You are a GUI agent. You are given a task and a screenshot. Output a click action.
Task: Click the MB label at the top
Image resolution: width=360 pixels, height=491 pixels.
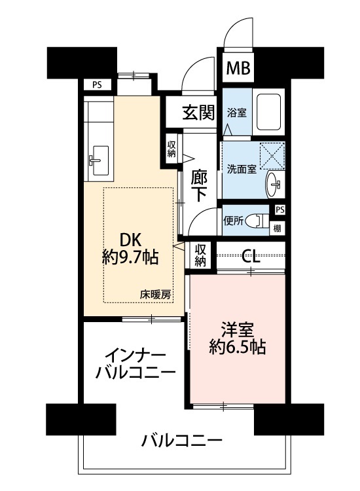tap(238, 67)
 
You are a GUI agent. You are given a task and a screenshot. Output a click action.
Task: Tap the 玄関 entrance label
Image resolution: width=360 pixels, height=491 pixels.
tap(198, 113)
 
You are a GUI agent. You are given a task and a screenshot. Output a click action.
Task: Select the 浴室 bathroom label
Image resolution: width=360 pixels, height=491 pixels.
tap(237, 113)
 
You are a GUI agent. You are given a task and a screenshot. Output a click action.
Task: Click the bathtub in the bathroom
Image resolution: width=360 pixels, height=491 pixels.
tap(268, 112)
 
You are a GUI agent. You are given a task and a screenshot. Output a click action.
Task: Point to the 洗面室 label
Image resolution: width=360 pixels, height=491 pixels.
tap(242, 170)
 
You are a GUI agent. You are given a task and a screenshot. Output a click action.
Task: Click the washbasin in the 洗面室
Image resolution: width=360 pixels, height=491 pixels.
tap(273, 185)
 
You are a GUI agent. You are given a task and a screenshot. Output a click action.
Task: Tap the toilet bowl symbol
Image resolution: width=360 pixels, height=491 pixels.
tap(257, 221)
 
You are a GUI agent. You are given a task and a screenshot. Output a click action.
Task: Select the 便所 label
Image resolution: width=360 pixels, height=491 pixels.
tap(233, 221)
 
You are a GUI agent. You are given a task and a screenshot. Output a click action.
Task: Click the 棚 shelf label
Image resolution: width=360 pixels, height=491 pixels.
tap(277, 228)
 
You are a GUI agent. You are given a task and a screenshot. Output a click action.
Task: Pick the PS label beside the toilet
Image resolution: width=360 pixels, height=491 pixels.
tap(280, 209)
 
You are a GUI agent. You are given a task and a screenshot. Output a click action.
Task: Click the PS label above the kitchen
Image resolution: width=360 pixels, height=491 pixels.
tap(97, 85)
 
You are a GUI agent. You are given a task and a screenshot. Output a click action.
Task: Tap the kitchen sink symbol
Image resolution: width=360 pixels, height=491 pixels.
tap(98, 160)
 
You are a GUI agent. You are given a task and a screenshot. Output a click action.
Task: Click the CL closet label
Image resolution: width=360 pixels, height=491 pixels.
tap(251, 257)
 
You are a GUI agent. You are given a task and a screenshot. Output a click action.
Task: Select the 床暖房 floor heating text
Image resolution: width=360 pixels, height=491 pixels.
tap(156, 295)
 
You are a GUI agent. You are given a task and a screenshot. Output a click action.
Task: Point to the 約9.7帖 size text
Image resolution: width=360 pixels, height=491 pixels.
tap(130, 258)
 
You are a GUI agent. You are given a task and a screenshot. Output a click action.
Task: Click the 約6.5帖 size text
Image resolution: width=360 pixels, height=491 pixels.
tap(238, 347)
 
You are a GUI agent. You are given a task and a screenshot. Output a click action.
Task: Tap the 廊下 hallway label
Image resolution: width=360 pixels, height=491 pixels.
tap(198, 186)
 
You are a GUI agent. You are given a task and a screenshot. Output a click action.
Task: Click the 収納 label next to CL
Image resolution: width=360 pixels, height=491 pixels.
tap(200, 255)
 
